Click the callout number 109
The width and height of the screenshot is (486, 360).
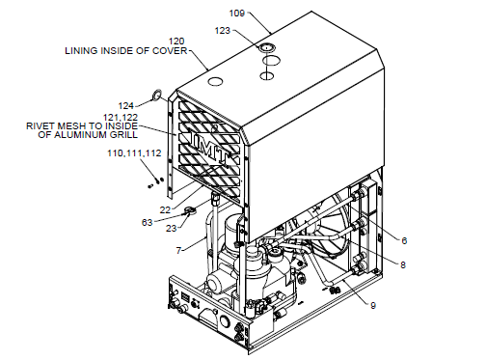tap(237, 14)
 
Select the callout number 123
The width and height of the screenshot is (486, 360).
tap(224, 31)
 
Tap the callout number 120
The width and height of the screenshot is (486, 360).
tap(176, 42)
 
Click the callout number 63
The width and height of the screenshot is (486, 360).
tap(148, 221)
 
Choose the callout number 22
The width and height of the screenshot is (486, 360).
tap(165, 209)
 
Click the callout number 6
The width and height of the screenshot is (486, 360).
tap(405, 241)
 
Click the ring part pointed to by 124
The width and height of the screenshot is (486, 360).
tap(155, 96)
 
